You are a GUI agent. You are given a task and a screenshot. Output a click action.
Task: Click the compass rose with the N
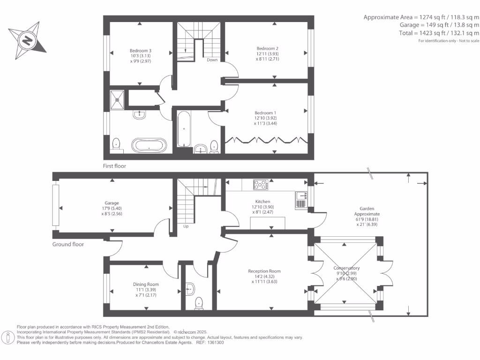point(27,41)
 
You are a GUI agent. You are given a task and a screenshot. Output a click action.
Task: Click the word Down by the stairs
point(212,60)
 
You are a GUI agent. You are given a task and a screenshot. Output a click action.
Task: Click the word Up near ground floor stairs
point(186,226)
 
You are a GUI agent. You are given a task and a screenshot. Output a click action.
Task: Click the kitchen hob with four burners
point(261,185)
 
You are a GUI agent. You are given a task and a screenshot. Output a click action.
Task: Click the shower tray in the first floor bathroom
point(117,98)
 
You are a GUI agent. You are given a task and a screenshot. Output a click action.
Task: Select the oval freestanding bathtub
point(149,145)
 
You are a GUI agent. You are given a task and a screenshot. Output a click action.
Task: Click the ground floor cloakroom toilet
point(199,303)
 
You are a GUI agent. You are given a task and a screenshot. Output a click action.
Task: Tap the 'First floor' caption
point(114,166)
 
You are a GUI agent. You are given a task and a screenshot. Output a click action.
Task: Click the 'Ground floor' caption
point(68,244)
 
